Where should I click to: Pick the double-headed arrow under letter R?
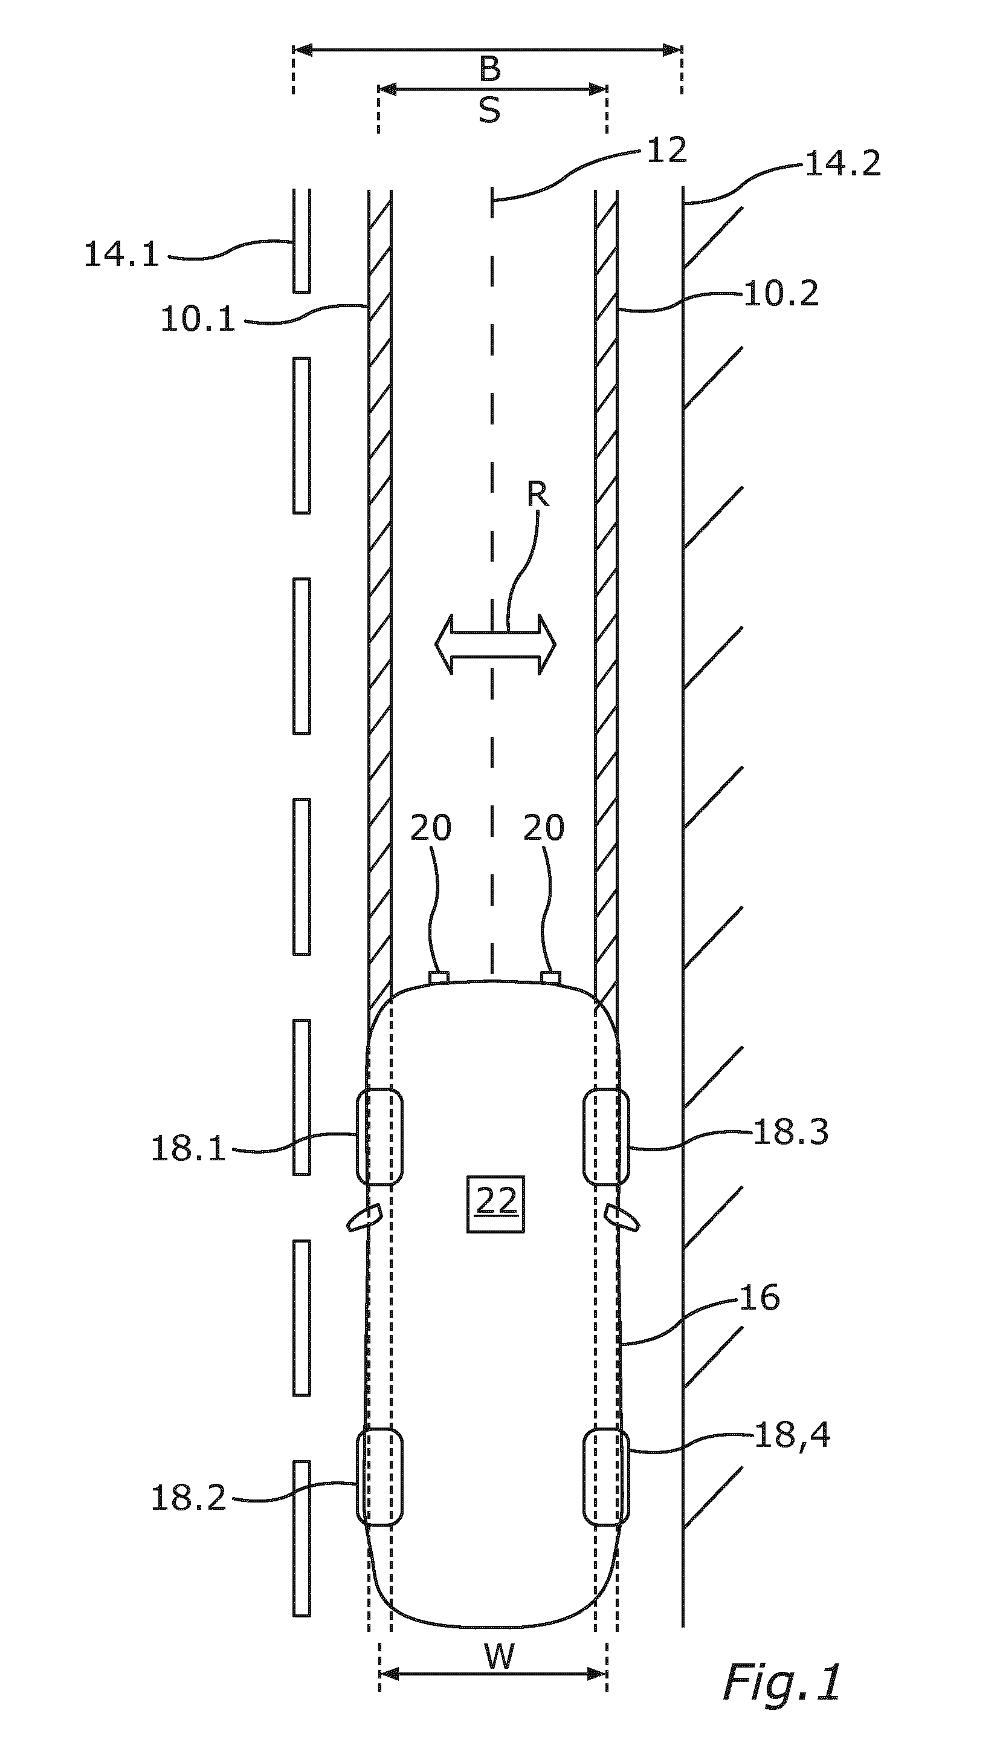click(495, 644)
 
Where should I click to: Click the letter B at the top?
click(489, 70)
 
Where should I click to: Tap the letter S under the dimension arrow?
click(489, 109)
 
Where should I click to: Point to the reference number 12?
click(666, 151)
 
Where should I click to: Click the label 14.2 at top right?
click(843, 164)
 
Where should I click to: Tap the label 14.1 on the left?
click(121, 254)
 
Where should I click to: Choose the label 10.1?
click(198, 319)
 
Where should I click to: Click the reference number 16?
click(760, 1298)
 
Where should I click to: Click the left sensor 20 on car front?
click(439, 977)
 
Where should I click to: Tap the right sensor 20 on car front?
click(551, 977)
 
